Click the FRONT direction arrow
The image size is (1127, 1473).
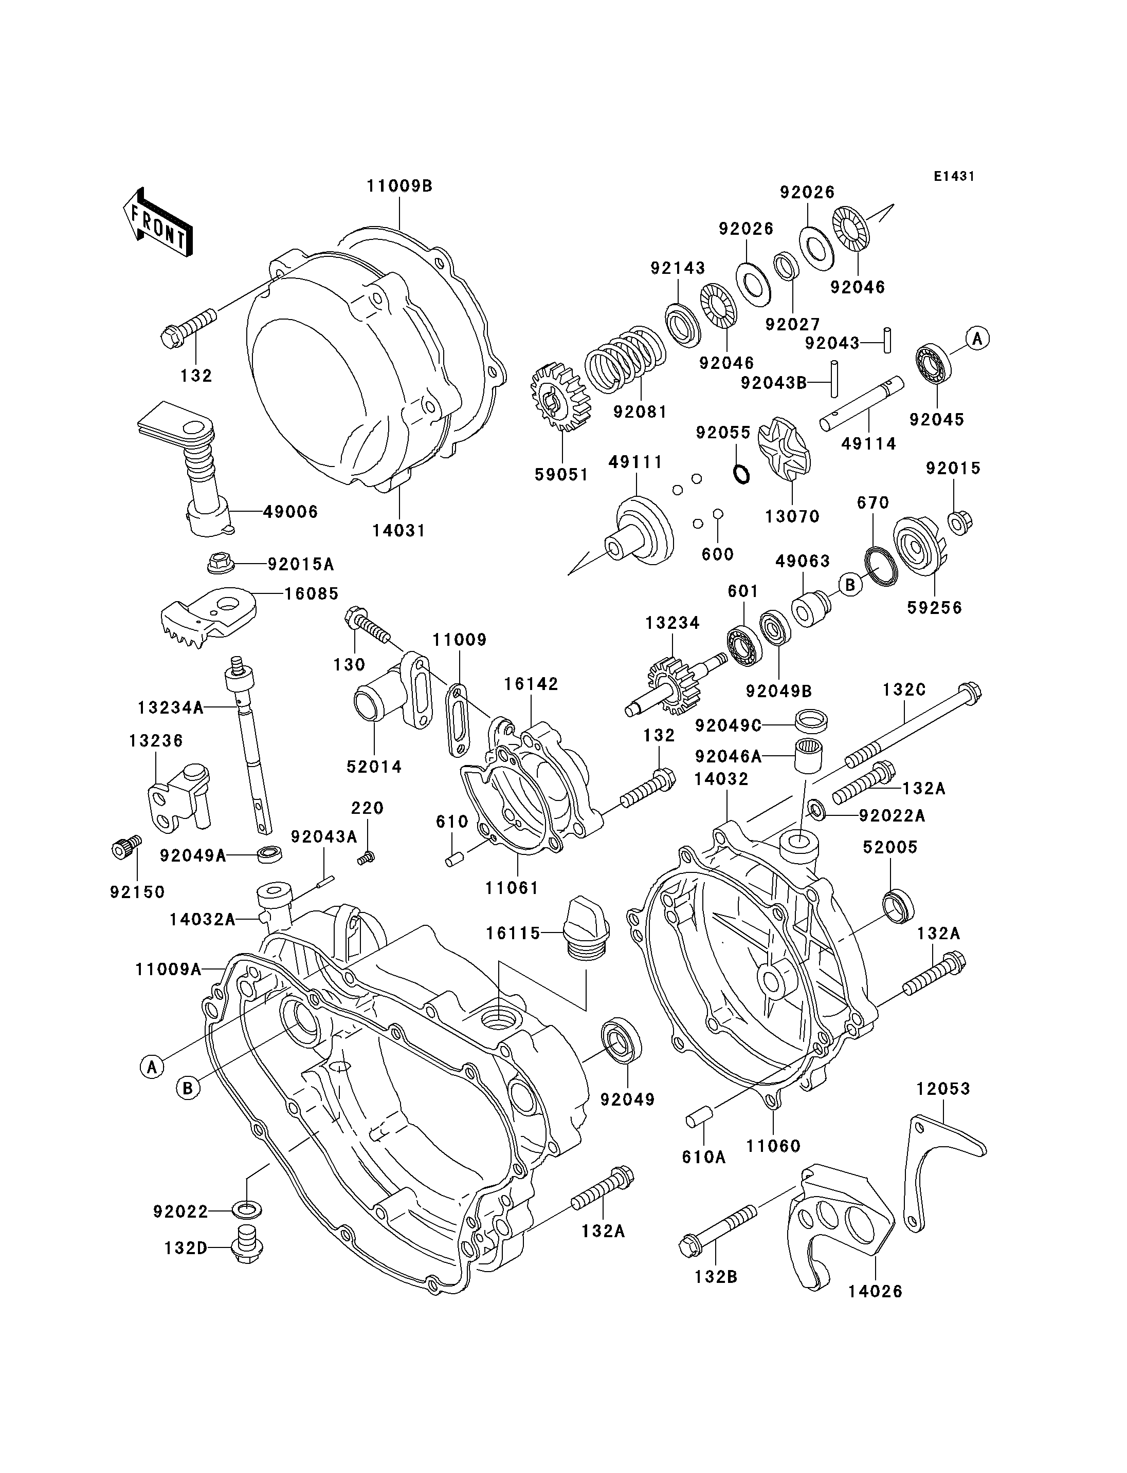click(158, 221)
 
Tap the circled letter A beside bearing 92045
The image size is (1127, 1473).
click(977, 339)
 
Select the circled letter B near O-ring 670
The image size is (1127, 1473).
click(850, 585)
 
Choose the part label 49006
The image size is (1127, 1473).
click(290, 512)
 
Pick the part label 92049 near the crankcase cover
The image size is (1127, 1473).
click(627, 1099)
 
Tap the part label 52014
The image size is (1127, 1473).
click(374, 767)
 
